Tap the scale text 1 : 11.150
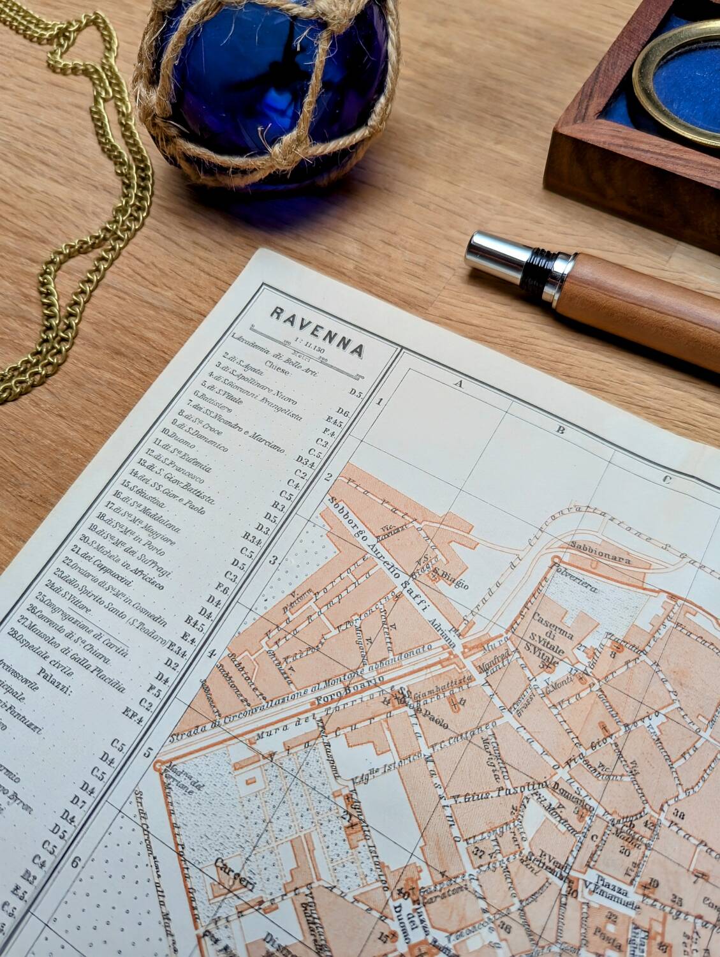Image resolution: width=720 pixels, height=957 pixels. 307,345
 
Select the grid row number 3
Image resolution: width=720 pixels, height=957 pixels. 275,560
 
